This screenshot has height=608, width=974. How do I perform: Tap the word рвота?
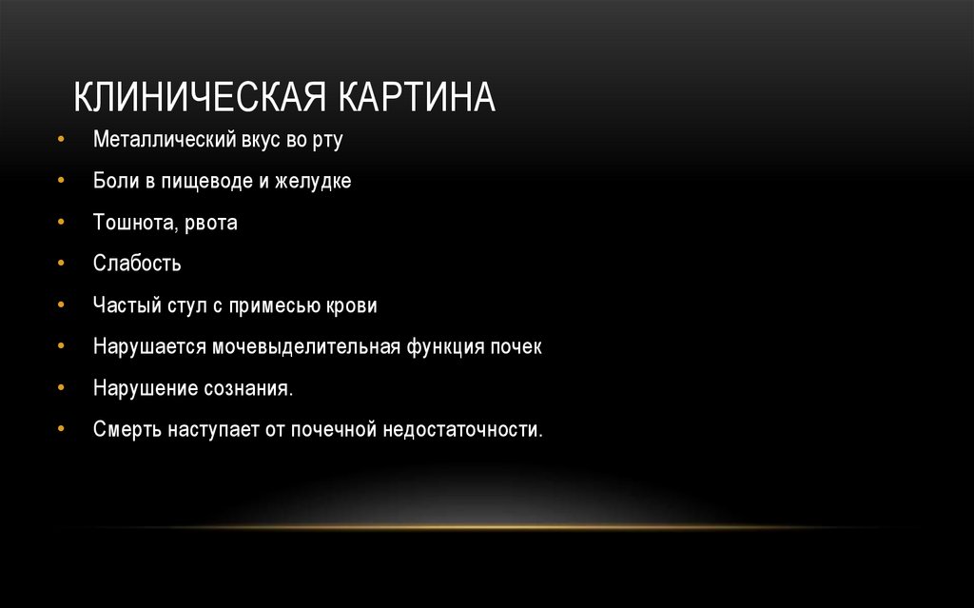coord(209,224)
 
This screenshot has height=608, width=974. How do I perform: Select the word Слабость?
coord(137,264)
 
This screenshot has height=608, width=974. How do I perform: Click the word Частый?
coord(125,305)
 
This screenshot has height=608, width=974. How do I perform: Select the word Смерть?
coord(128,429)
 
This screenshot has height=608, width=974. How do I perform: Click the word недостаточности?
coord(463,429)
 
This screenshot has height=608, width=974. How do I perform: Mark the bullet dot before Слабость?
coord(61,264)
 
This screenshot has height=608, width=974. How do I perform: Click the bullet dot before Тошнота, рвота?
coord(61,223)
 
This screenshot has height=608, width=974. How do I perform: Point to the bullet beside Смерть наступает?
coord(61,429)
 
